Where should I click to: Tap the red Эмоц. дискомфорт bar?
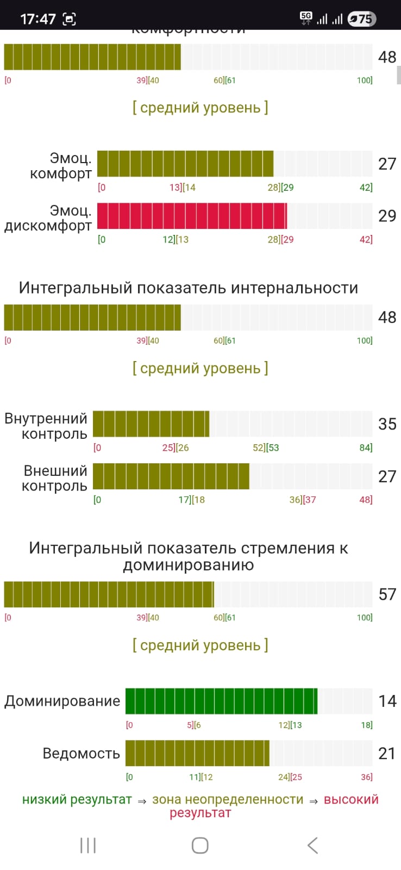pyautogui.click(x=192, y=216)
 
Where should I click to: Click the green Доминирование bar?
pyautogui.click(x=221, y=701)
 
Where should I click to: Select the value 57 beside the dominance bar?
pyautogui.click(x=387, y=594)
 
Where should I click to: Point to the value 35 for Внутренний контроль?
pyautogui.click(x=387, y=424)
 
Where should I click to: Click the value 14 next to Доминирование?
pyautogui.click(x=387, y=701)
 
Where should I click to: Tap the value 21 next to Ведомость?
pyautogui.click(x=387, y=753)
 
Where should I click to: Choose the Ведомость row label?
pyautogui.click(x=81, y=753)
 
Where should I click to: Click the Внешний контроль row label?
pyautogui.click(x=55, y=478)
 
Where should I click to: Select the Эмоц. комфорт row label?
pyautogui.click(x=61, y=166)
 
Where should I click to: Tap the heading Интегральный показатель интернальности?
pyautogui.click(x=189, y=288)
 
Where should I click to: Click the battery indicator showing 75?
pyautogui.click(x=361, y=19)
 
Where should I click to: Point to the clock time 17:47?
pyautogui.click(x=37, y=19)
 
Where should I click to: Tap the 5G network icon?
pyautogui.click(x=306, y=18)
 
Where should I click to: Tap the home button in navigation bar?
pyautogui.click(x=200, y=845)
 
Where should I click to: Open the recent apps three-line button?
pyautogui.click(x=88, y=845)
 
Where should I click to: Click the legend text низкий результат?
pyautogui.click(x=77, y=799)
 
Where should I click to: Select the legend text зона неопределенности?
pyautogui.click(x=228, y=799)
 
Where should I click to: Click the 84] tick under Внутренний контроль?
pyautogui.click(x=366, y=448)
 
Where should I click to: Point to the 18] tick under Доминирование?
pyautogui.click(x=367, y=725)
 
